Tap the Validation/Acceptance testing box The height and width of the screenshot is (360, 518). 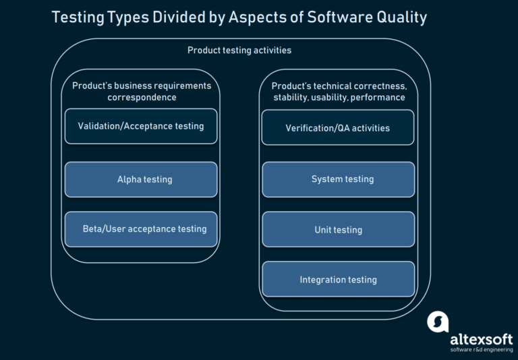click(141, 126)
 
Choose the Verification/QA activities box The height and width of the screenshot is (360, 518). click(338, 128)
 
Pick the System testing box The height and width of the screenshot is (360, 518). click(338, 179)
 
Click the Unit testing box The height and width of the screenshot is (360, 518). click(338, 230)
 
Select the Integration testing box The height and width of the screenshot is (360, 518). click(338, 280)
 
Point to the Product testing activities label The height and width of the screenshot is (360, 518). click(239, 51)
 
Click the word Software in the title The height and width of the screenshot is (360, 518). click(337, 18)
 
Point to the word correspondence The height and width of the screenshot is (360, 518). click(142, 98)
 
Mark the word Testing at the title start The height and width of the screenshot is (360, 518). click(78, 18)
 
